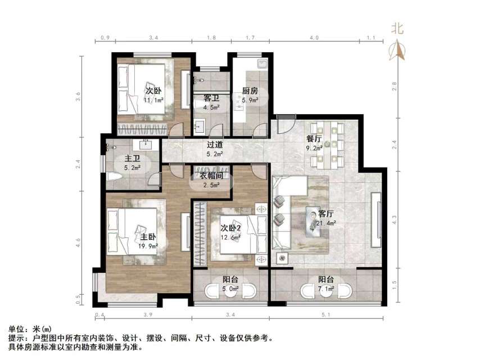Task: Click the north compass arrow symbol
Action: tap(399, 51)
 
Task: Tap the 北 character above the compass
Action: tap(398, 28)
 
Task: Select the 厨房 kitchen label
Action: tap(250, 91)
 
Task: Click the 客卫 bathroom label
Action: tap(211, 98)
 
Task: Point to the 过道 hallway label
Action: tap(213, 145)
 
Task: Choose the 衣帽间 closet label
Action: tap(212, 176)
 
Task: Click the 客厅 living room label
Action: tap(326, 214)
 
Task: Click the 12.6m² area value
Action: tap(230, 237)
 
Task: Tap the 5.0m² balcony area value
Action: tap(230, 289)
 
